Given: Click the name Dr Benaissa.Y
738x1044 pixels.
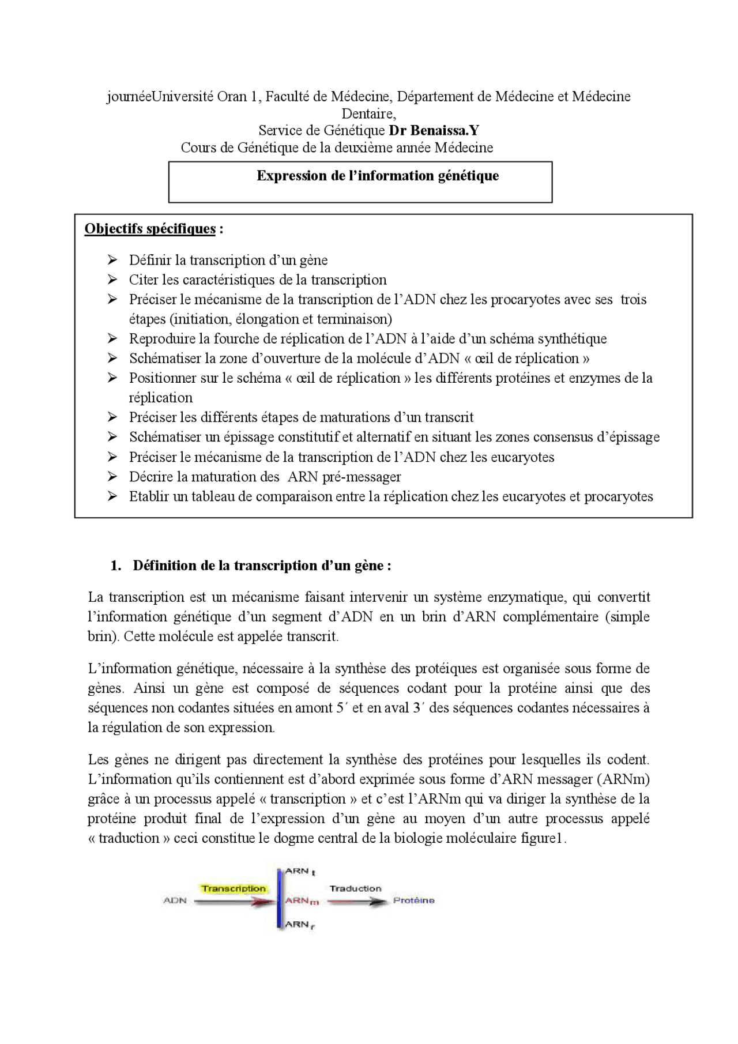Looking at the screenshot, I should pos(434,130).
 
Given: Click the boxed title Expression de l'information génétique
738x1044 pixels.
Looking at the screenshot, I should pos(378,176).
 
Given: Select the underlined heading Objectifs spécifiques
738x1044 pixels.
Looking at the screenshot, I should pos(150,229).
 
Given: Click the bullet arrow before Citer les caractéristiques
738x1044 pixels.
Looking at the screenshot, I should pos(112,280).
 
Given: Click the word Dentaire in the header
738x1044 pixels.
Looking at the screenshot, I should pos(368,114).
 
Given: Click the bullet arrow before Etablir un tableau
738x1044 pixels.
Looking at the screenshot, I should pos(112,496).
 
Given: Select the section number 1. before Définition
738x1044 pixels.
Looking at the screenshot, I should pos(116,566).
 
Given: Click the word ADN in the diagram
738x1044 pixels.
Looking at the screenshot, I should pos(175,900).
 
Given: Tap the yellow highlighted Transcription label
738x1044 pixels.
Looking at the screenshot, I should pos(234,888).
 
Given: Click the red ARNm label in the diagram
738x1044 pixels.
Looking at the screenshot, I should pos(302,900).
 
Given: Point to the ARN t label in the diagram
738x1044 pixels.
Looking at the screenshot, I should pos(300,871).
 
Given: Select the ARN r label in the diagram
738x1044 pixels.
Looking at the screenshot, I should pos(300,925).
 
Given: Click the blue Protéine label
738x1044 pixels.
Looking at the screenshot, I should pos(413,900).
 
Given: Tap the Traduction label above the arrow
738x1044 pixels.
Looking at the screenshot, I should pos(355,888).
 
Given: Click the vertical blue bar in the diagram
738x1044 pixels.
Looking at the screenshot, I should pos(280,899).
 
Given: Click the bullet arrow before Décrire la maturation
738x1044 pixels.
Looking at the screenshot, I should pos(112,477).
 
